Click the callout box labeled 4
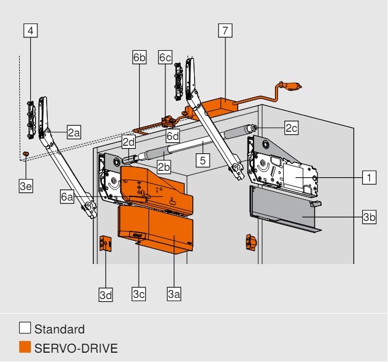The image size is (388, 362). point(31,31)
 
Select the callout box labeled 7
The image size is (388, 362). point(225,31)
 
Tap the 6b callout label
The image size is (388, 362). point(139,57)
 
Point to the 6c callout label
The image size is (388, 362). point(165,57)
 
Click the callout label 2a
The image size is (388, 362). point(74,132)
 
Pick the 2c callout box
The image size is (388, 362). point(291,128)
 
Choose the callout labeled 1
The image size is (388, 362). point(369,177)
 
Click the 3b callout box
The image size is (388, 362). point(369,217)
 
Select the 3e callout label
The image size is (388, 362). point(26,186)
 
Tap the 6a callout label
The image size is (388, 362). point(67,196)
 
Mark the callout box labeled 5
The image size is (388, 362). point(203,160)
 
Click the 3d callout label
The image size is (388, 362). point(105,294)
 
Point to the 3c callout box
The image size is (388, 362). point(139,294)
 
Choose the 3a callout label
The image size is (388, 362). point(174,294)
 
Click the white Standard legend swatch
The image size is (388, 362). point(25,328)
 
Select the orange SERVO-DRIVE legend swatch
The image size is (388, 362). point(25,347)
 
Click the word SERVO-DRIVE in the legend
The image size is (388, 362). point(76,348)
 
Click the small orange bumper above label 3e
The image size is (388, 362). point(26,153)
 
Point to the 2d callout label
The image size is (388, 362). point(129,142)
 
